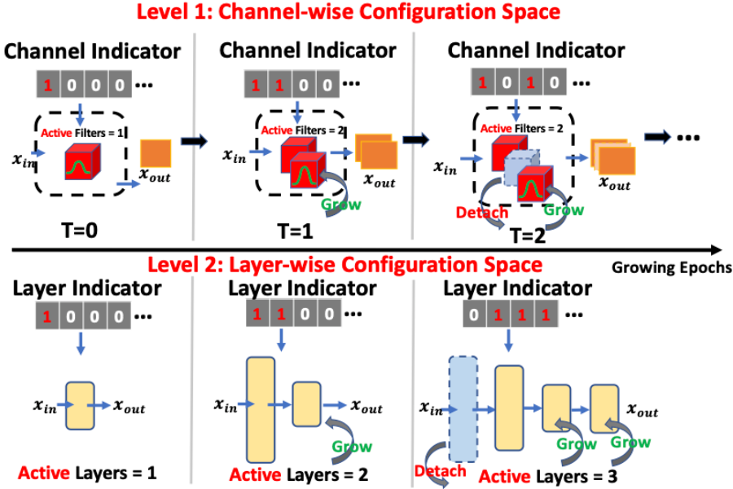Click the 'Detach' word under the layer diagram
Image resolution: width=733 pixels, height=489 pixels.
click(440, 470)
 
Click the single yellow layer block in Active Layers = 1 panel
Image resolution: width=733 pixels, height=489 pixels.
click(81, 405)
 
